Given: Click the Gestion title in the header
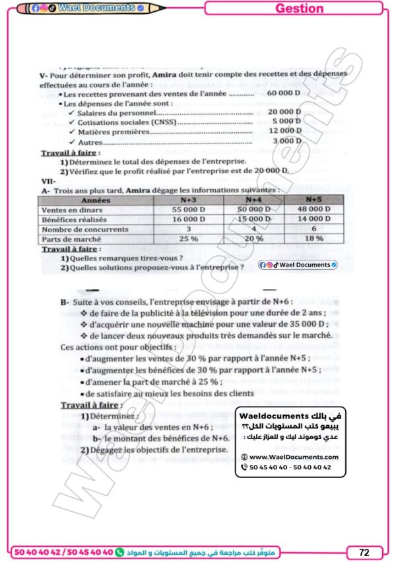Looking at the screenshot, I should tap(299, 8).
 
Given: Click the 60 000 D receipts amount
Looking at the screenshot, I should tap(284, 95).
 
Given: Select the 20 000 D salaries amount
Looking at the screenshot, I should tap(284, 113).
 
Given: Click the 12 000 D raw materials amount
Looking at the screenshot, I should tap(284, 132).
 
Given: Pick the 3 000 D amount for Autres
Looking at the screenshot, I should tap(286, 141).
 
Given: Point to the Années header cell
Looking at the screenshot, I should tap(96, 199).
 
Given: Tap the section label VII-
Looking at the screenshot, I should tap(48, 180).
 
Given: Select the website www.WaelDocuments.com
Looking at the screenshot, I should tap(294, 457).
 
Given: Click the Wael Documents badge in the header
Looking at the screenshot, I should tap(96, 8).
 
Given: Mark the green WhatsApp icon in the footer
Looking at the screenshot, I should tap(119, 551).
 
